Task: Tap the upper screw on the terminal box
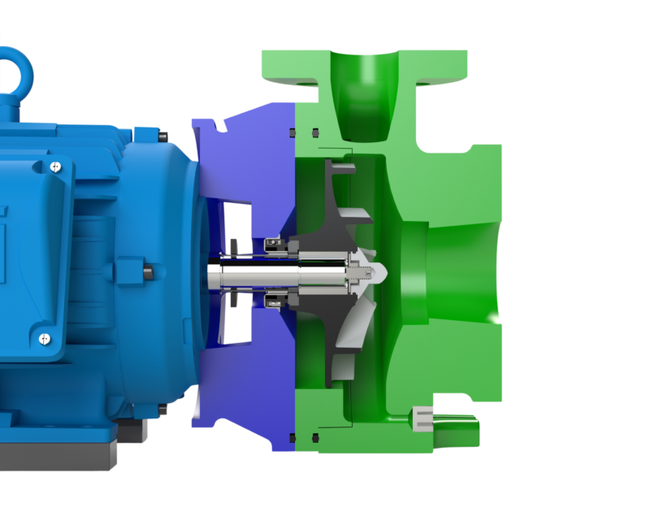tap(54, 167)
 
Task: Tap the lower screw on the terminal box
tap(42, 337)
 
